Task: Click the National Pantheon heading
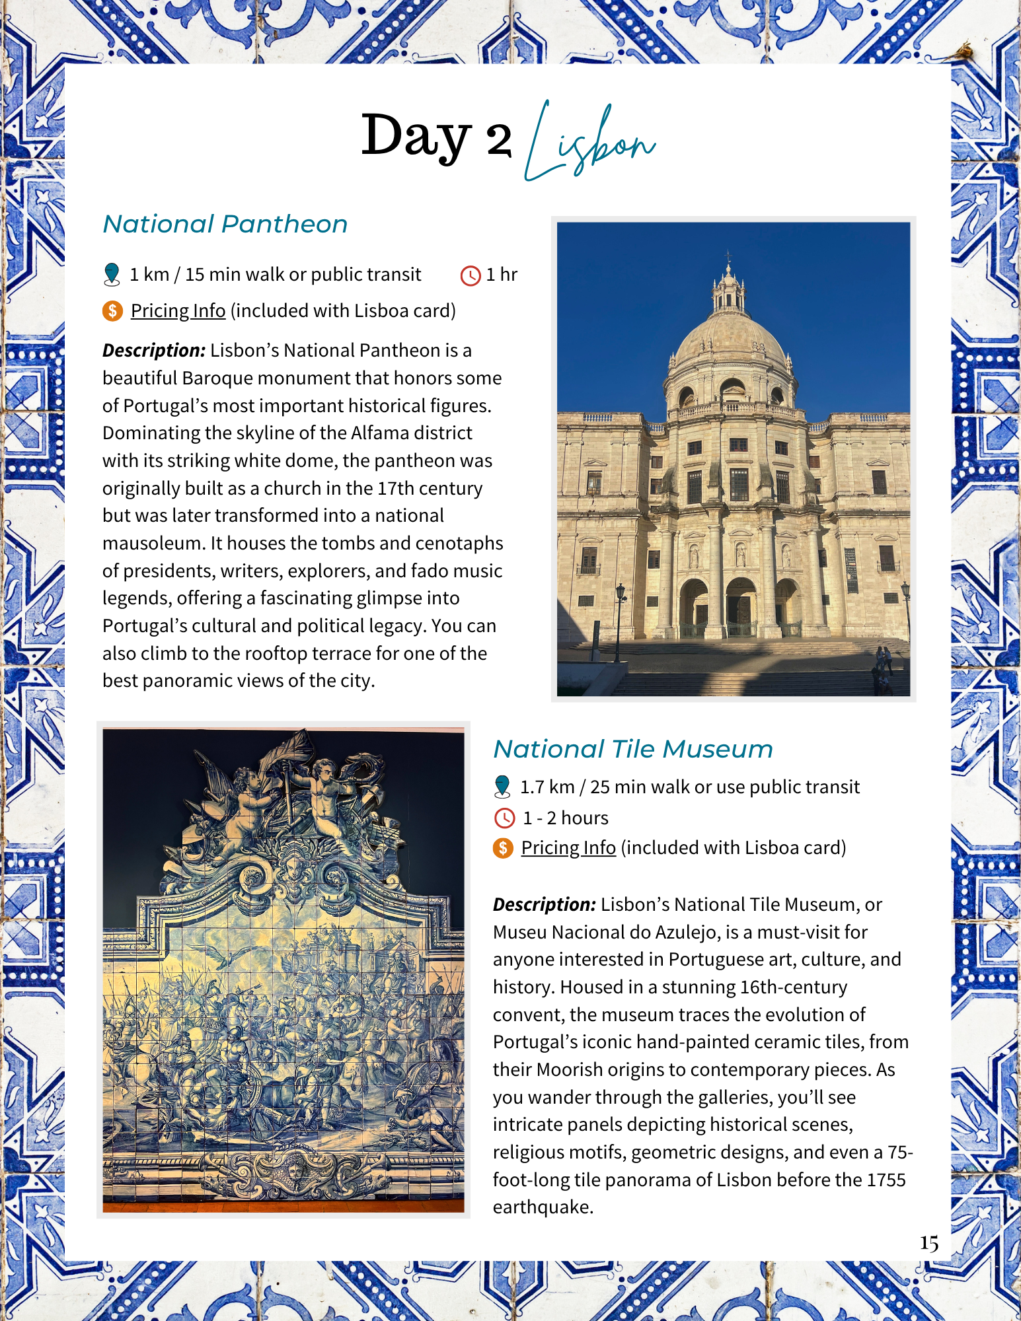(225, 225)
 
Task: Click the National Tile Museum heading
(633, 749)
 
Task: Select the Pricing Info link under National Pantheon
(178, 310)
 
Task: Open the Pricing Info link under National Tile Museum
(568, 847)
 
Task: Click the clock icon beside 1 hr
(470, 275)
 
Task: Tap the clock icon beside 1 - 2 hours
(504, 818)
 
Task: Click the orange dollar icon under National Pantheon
(112, 310)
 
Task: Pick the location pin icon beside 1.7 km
(502, 786)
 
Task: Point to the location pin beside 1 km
(112, 274)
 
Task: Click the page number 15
(928, 1243)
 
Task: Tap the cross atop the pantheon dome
(728, 256)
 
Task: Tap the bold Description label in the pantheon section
(154, 350)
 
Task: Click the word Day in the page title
(416, 137)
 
